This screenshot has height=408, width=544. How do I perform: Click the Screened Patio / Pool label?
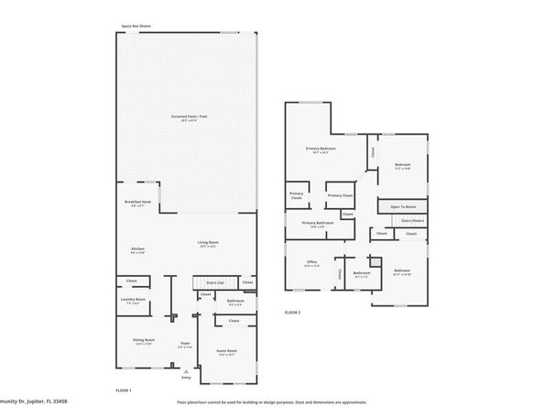(188, 116)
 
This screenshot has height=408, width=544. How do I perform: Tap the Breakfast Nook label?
(137, 202)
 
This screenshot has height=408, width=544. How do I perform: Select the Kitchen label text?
(137, 248)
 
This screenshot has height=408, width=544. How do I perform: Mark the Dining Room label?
(144, 341)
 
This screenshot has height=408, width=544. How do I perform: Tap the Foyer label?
(185, 342)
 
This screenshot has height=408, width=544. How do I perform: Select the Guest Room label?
(226, 351)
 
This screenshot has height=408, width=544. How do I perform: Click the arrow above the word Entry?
(187, 369)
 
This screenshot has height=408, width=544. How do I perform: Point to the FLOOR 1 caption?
(124, 391)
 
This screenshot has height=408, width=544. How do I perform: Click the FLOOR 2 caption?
(292, 313)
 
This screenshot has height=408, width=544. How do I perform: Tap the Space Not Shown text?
(137, 27)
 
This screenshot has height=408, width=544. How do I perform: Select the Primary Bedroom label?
(320, 149)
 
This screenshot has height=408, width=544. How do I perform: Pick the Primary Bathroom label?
(318, 223)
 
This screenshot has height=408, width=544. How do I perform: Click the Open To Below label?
(403, 207)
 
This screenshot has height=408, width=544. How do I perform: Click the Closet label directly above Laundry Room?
(132, 281)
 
